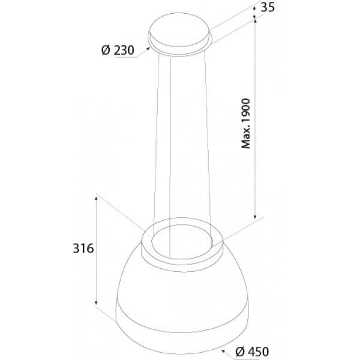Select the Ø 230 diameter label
pos(117,50)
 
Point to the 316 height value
pos(81,248)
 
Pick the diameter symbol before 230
pos(104,50)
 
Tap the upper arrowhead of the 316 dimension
pos(96,199)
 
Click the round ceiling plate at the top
pos(180,31)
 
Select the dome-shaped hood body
pos(180,288)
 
